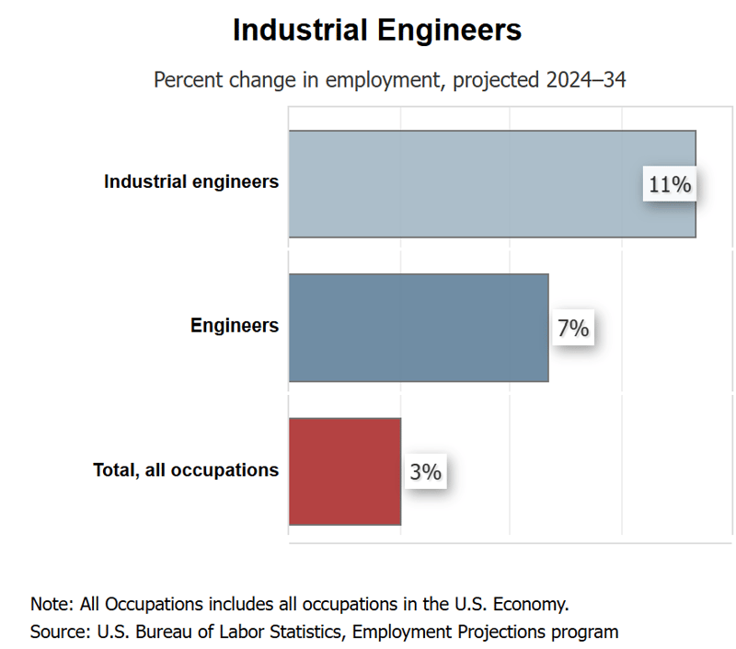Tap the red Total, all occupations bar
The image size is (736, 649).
tap(345, 471)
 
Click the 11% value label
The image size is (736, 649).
tap(669, 184)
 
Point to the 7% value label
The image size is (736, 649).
tap(572, 328)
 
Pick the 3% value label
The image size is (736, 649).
tap(426, 472)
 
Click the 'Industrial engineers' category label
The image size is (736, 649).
tap(191, 181)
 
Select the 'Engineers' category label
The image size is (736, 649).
tap(235, 325)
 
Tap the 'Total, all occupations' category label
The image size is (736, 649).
tap(186, 469)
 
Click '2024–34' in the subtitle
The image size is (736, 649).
tap(585, 80)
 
